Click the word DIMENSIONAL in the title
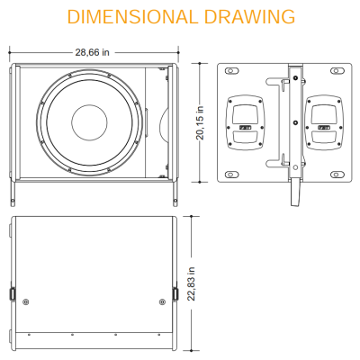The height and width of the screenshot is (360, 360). [x=131, y=17]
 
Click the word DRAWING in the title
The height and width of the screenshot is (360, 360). [x=249, y=17]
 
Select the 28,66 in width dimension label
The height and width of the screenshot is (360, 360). [x=92, y=52]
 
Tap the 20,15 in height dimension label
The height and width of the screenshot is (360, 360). [x=200, y=122]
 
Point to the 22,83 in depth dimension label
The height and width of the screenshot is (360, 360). [x=191, y=283]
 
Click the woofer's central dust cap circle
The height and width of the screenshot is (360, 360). [x=89, y=122]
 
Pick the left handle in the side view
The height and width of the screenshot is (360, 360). [x=246, y=122]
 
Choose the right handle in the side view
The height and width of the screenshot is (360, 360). [x=324, y=122]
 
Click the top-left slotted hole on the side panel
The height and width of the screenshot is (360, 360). [x=231, y=71]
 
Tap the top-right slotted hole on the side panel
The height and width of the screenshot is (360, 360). [x=337, y=71]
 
